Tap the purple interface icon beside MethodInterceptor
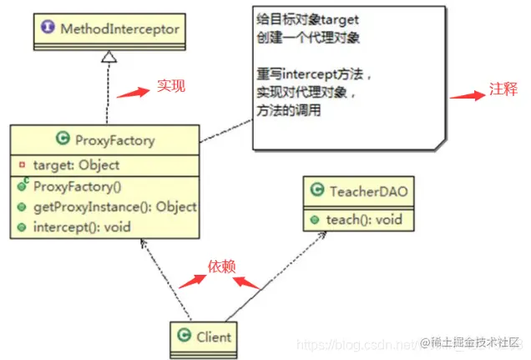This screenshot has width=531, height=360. coord(48,28)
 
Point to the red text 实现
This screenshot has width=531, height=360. coord(170,85)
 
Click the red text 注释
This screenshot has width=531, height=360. coord(503,90)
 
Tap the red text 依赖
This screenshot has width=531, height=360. coord(222,266)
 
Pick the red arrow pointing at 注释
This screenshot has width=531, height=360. coord(466,96)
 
